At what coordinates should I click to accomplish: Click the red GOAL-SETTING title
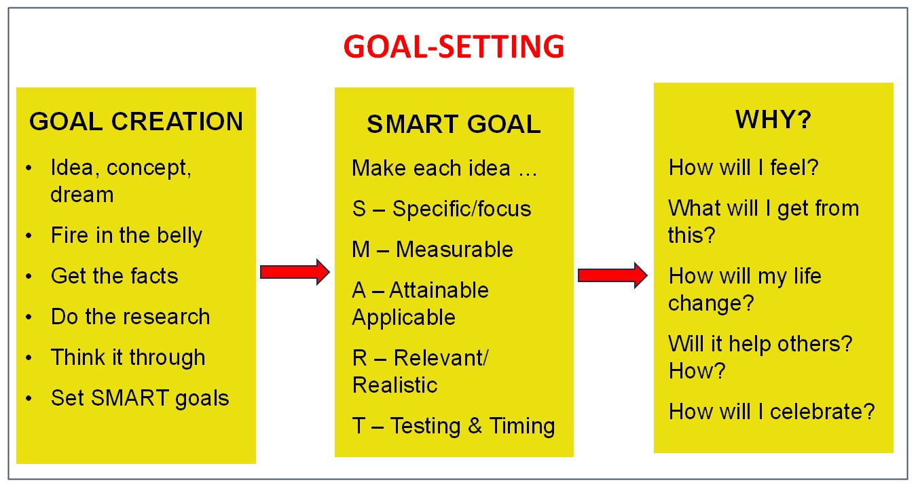point(454,46)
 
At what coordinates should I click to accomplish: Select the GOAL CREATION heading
point(136,121)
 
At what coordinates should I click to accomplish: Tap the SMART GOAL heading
point(454,124)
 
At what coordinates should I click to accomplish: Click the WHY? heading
point(773,119)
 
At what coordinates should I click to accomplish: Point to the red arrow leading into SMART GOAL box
point(295,272)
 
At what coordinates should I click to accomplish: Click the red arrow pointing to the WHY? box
point(612,275)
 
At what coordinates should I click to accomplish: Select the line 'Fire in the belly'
point(127,236)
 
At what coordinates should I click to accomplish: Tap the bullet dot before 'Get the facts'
point(29,277)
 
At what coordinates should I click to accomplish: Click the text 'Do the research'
point(130,317)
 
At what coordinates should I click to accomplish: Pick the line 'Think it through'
point(128,357)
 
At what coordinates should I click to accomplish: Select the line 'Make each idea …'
point(445,168)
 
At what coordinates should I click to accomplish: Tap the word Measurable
point(454,249)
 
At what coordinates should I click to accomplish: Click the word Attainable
point(439,290)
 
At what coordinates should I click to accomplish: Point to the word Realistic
point(395,385)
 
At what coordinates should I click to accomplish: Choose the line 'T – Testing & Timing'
point(454,426)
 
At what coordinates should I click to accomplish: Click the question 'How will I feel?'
point(743,168)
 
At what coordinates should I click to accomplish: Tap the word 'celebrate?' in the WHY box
point(822,411)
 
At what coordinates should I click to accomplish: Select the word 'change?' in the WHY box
point(711,304)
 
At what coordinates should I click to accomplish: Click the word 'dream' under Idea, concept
point(82,195)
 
